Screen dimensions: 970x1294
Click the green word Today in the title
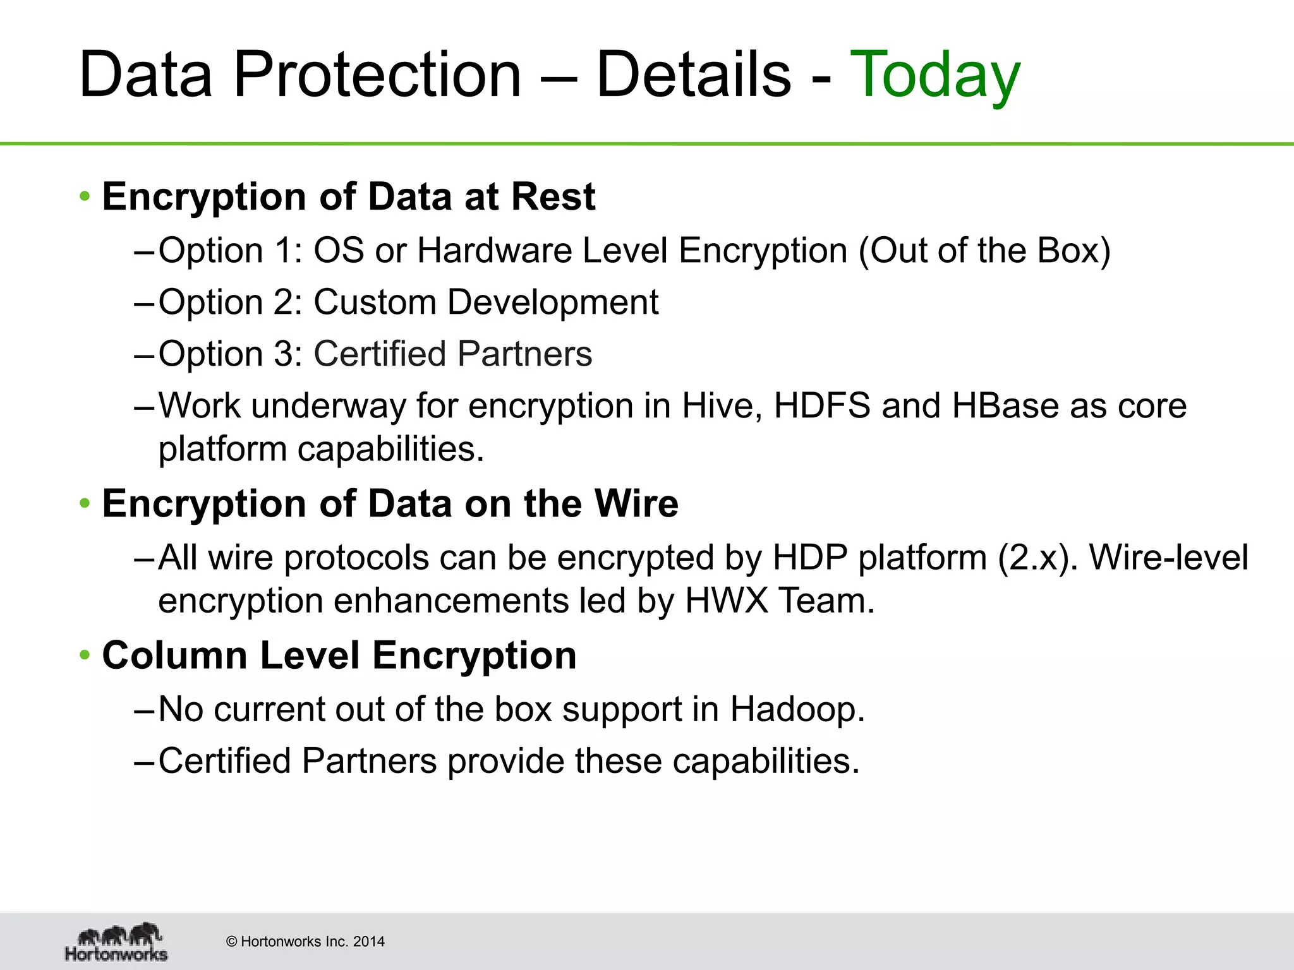(935, 76)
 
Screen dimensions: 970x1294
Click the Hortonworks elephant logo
(117, 942)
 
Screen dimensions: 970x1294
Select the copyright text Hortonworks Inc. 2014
(305, 942)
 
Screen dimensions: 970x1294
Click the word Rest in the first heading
(553, 196)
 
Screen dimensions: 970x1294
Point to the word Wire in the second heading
(636, 504)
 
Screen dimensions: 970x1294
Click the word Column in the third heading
(174, 656)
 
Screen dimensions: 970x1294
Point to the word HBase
(1005, 405)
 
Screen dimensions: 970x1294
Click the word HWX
(727, 601)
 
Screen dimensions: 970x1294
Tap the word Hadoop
(797, 710)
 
